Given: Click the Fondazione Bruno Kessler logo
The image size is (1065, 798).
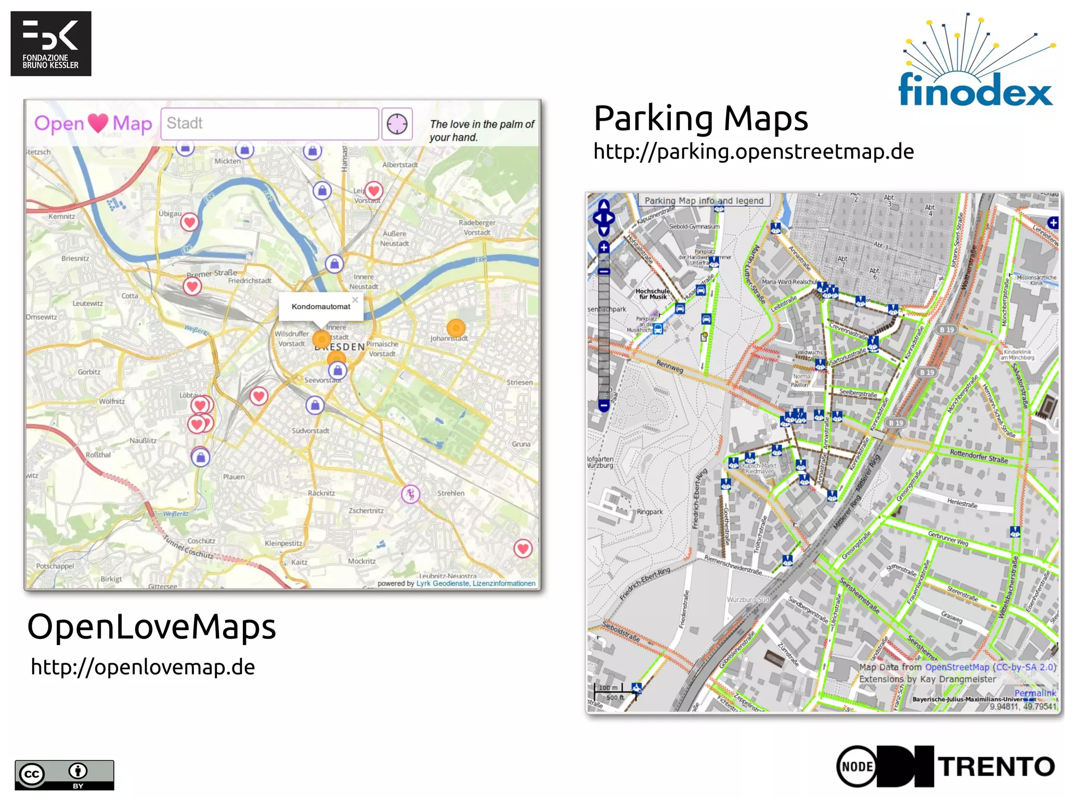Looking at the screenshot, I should [x=50, y=44].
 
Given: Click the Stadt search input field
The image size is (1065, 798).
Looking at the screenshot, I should [x=269, y=124].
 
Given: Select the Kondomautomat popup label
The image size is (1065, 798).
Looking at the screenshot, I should [x=321, y=307].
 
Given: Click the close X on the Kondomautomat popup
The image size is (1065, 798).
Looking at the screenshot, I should [x=355, y=300].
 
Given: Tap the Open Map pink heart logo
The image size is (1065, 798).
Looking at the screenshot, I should [x=93, y=124].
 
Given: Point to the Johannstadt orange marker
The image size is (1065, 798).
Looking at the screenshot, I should [x=456, y=328].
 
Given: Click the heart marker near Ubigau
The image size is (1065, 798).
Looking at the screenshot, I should [x=189, y=223].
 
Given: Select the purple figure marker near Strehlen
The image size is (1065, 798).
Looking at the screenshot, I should [x=410, y=493].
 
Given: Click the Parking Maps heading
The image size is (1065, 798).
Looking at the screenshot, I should [x=700, y=119].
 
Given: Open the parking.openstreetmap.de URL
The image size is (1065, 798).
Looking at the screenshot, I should [x=754, y=152].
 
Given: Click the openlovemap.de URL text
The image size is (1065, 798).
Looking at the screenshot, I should [x=143, y=667].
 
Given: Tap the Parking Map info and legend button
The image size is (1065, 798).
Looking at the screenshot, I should [x=704, y=201].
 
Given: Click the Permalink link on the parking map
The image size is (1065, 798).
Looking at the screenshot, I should [x=1035, y=693].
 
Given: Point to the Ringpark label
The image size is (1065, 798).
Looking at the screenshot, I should [x=650, y=512].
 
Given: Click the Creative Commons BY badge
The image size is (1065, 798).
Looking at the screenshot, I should [x=64, y=775].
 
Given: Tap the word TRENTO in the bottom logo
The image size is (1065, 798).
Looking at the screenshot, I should [x=996, y=767].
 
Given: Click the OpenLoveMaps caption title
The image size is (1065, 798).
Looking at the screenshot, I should [x=151, y=627].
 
